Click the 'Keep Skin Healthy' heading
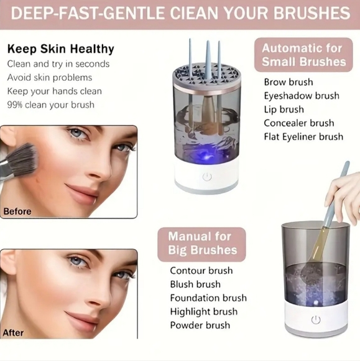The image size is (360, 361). [x=60, y=49]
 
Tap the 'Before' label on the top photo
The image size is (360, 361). [x=17, y=212]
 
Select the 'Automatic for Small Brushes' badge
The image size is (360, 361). [x=303, y=55]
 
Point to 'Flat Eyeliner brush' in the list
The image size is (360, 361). [x=303, y=136]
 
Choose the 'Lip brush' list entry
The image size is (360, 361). [x=284, y=110]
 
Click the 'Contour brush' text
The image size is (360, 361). [x=201, y=271]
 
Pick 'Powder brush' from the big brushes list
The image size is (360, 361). [x=200, y=325]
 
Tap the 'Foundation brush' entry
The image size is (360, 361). [x=208, y=298]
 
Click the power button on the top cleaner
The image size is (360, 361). [x=207, y=177]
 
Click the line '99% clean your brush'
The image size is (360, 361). [x=51, y=105]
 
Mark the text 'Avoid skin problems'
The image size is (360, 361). [x=50, y=77]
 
